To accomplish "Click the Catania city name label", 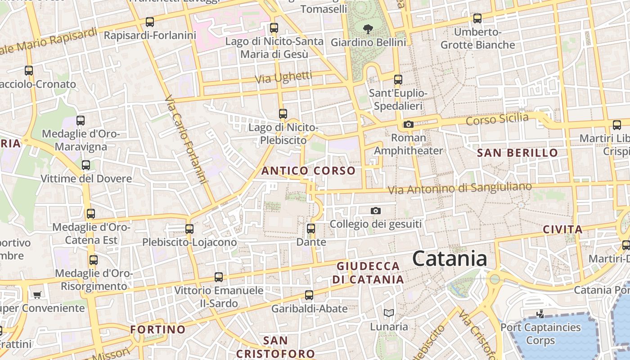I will [x=450, y=259].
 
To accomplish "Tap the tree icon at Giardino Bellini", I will [x=368, y=30].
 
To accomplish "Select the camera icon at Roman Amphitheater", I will [x=408, y=125].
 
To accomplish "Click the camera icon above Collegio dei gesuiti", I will [x=375, y=211].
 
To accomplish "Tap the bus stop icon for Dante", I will [x=310, y=229].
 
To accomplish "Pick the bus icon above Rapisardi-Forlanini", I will [x=149, y=22].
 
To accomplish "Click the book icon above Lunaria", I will [x=389, y=313].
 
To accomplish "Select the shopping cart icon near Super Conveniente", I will [x=37, y=295].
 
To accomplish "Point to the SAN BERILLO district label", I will [x=517, y=153].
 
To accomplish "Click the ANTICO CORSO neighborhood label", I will [x=308, y=171].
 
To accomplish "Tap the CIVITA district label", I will [x=562, y=229].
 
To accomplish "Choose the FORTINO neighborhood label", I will [x=158, y=329].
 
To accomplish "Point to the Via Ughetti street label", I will [x=283, y=77].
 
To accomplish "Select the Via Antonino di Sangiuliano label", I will [x=459, y=188].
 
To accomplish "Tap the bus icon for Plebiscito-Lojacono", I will [x=189, y=229].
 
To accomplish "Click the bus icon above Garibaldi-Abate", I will [x=309, y=295].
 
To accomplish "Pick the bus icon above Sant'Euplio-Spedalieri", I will [x=398, y=80].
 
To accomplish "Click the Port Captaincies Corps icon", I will [x=540, y=314].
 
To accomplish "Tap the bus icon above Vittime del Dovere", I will [x=85, y=165].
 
